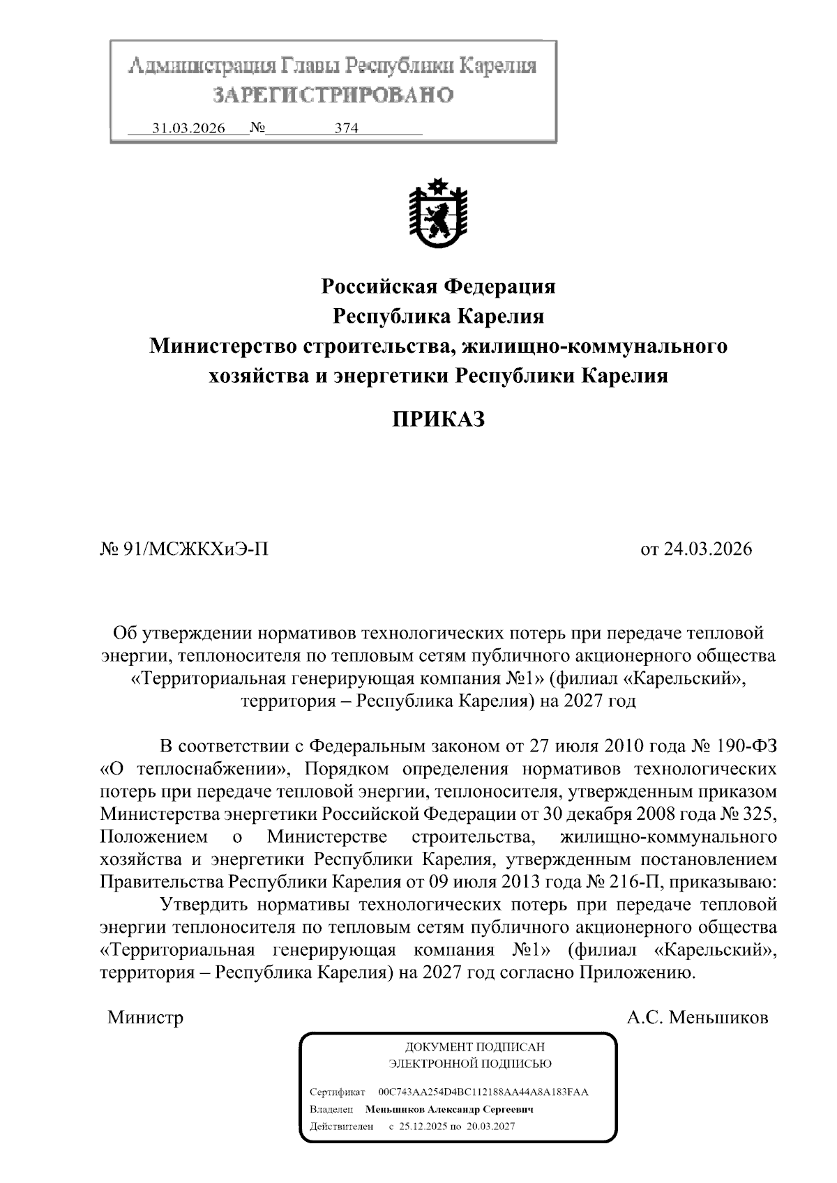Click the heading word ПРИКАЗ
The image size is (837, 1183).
click(437, 419)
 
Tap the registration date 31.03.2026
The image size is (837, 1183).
click(188, 129)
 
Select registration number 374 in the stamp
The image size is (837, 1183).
click(346, 129)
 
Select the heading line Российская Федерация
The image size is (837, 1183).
click(437, 286)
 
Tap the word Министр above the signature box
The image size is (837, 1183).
click(145, 1017)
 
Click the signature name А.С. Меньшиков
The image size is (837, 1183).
click(697, 1017)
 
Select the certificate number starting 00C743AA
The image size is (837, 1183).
click(483, 1092)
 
